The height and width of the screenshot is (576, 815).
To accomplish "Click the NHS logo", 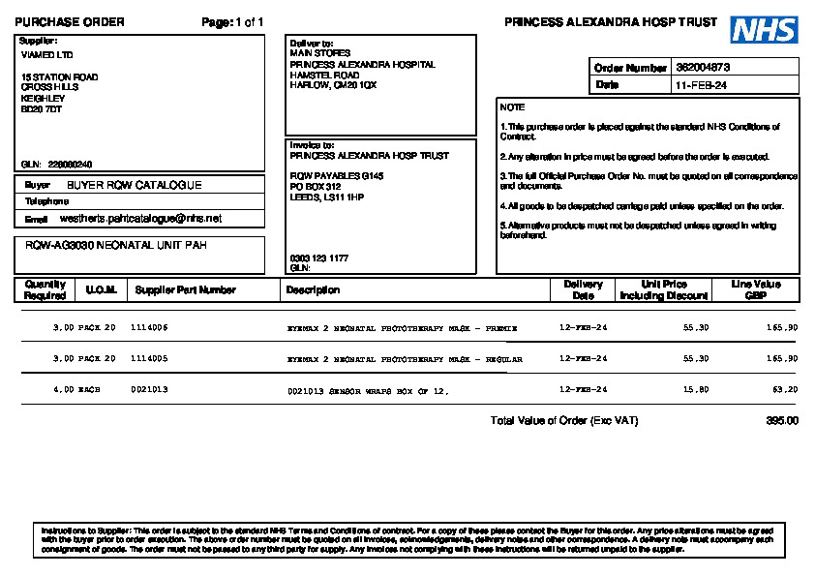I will (x=764, y=30).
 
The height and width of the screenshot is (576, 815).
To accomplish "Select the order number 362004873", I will (x=703, y=68).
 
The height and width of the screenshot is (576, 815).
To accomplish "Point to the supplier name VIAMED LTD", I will (x=46, y=55).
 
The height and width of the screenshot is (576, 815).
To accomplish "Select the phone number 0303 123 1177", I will (x=319, y=258).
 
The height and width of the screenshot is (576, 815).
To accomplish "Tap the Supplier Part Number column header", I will (x=185, y=289).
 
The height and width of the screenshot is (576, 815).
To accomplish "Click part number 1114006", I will (x=149, y=328).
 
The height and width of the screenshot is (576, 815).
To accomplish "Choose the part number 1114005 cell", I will (x=149, y=359).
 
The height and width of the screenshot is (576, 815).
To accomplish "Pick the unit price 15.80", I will (x=696, y=390).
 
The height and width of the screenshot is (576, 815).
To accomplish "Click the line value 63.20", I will (x=784, y=390).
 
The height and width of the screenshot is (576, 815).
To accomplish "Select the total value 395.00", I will (x=782, y=421).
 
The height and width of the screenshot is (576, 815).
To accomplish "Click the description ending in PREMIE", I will (x=403, y=328).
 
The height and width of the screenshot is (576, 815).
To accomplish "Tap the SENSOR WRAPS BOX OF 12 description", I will (x=368, y=391).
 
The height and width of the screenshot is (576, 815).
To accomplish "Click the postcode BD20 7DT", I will (x=42, y=109).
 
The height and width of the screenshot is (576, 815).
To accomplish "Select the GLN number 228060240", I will (x=70, y=165).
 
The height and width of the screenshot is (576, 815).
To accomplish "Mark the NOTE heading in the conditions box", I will (x=513, y=107).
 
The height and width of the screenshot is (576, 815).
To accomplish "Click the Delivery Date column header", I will (x=583, y=289).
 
